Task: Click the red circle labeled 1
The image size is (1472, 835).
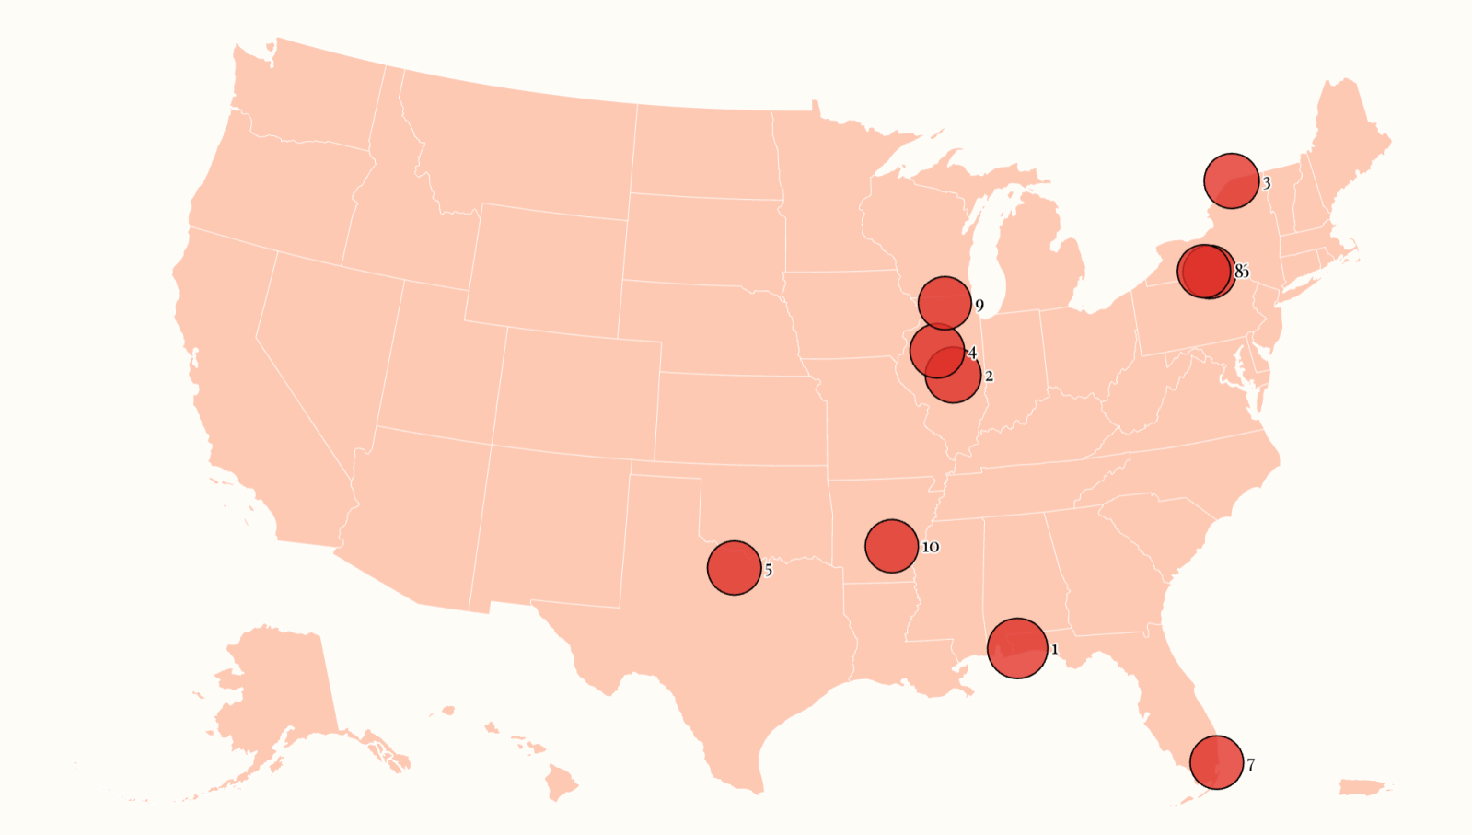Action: tap(1017, 648)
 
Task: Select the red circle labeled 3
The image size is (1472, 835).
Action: tap(1231, 181)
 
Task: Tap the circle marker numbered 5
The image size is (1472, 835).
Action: tap(734, 568)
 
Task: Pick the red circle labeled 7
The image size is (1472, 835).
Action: tap(1216, 762)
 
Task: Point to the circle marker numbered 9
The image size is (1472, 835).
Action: tap(945, 302)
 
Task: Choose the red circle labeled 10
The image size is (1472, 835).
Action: tap(891, 546)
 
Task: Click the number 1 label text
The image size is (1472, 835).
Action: tap(1055, 650)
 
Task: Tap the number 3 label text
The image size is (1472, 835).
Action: tap(1267, 184)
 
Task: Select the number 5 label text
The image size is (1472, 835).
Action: tap(769, 571)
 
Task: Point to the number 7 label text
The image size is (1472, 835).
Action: tap(1251, 765)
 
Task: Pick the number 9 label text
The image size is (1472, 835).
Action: tap(979, 306)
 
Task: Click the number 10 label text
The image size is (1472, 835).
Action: tap(931, 548)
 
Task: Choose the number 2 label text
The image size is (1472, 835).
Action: tap(989, 377)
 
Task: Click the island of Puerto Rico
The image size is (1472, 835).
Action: tap(1362, 787)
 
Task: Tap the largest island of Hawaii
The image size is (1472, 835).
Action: tap(560, 784)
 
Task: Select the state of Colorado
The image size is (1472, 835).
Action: tap(575, 391)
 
